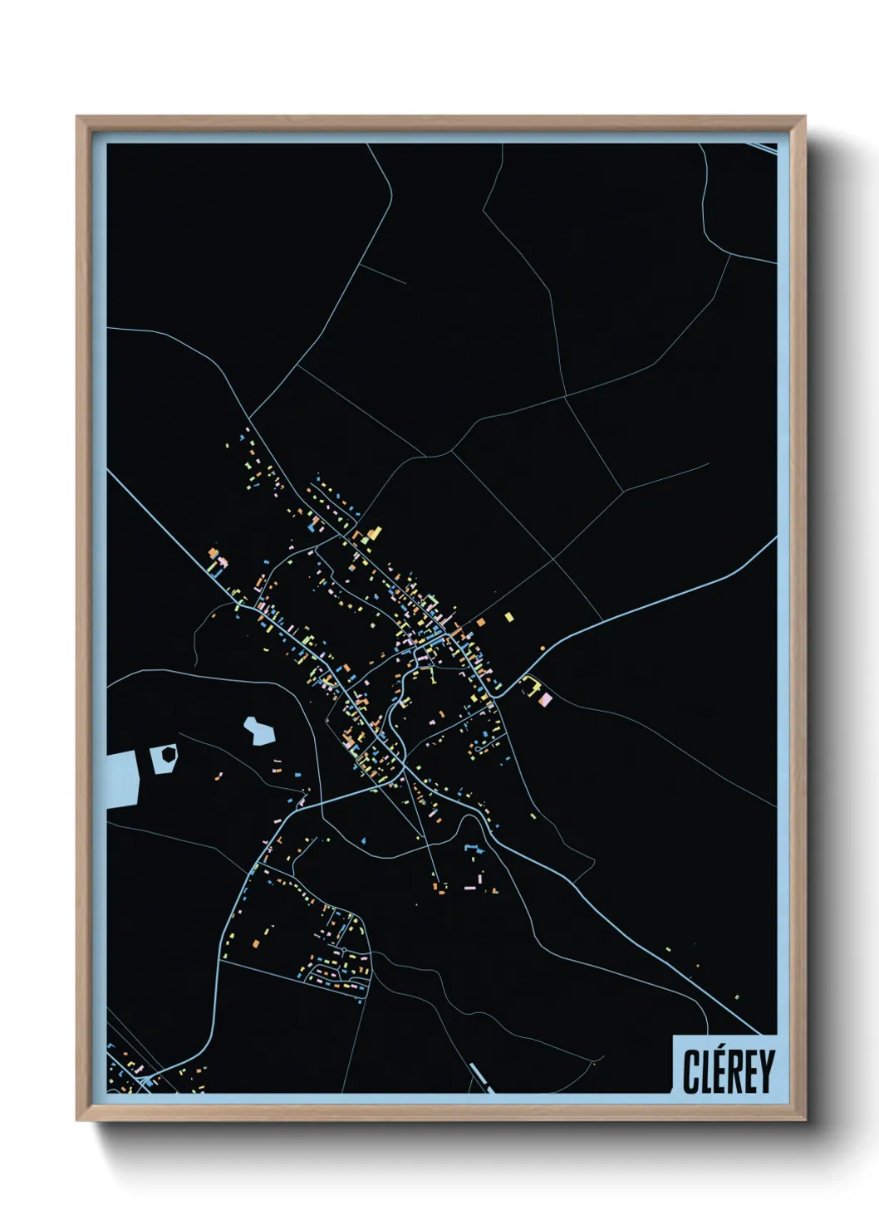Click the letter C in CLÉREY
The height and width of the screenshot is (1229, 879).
coord(691,1071)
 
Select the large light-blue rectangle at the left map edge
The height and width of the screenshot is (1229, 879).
coord(121,778)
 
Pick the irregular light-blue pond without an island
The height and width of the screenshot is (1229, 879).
coord(258,731)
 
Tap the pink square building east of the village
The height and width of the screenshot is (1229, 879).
coord(545,700)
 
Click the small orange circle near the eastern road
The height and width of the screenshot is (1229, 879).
coord(543,648)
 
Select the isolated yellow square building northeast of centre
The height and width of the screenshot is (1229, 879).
coord(508,617)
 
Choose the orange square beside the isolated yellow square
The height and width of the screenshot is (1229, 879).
coord(479,622)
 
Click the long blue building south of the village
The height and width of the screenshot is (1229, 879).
coord(473,848)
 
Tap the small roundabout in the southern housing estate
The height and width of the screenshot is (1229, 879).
coord(341,948)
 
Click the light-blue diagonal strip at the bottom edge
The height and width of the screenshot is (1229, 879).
coord(481,1078)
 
